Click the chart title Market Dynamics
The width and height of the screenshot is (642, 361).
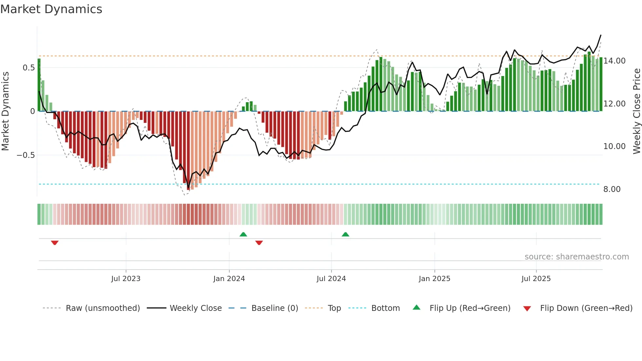click(51, 9)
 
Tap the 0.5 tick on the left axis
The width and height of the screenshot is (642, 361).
click(28, 68)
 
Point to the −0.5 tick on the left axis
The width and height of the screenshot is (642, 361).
click(26, 155)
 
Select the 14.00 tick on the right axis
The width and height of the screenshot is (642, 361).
click(614, 61)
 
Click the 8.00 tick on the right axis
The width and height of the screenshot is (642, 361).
click(612, 189)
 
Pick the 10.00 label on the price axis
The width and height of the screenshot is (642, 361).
click(614, 146)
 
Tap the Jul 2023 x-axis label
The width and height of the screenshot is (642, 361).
click(126, 279)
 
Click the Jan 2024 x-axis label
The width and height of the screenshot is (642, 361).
click(229, 279)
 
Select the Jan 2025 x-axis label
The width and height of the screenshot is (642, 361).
click(434, 279)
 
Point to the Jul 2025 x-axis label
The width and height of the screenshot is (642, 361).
click(536, 279)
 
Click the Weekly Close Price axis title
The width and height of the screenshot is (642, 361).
click(636, 111)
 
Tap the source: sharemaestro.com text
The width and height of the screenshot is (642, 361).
click(576, 257)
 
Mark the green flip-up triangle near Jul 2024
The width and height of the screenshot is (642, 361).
click(345, 234)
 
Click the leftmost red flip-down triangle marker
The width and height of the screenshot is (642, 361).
click(55, 243)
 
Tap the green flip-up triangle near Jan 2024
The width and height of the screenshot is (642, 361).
click(243, 234)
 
